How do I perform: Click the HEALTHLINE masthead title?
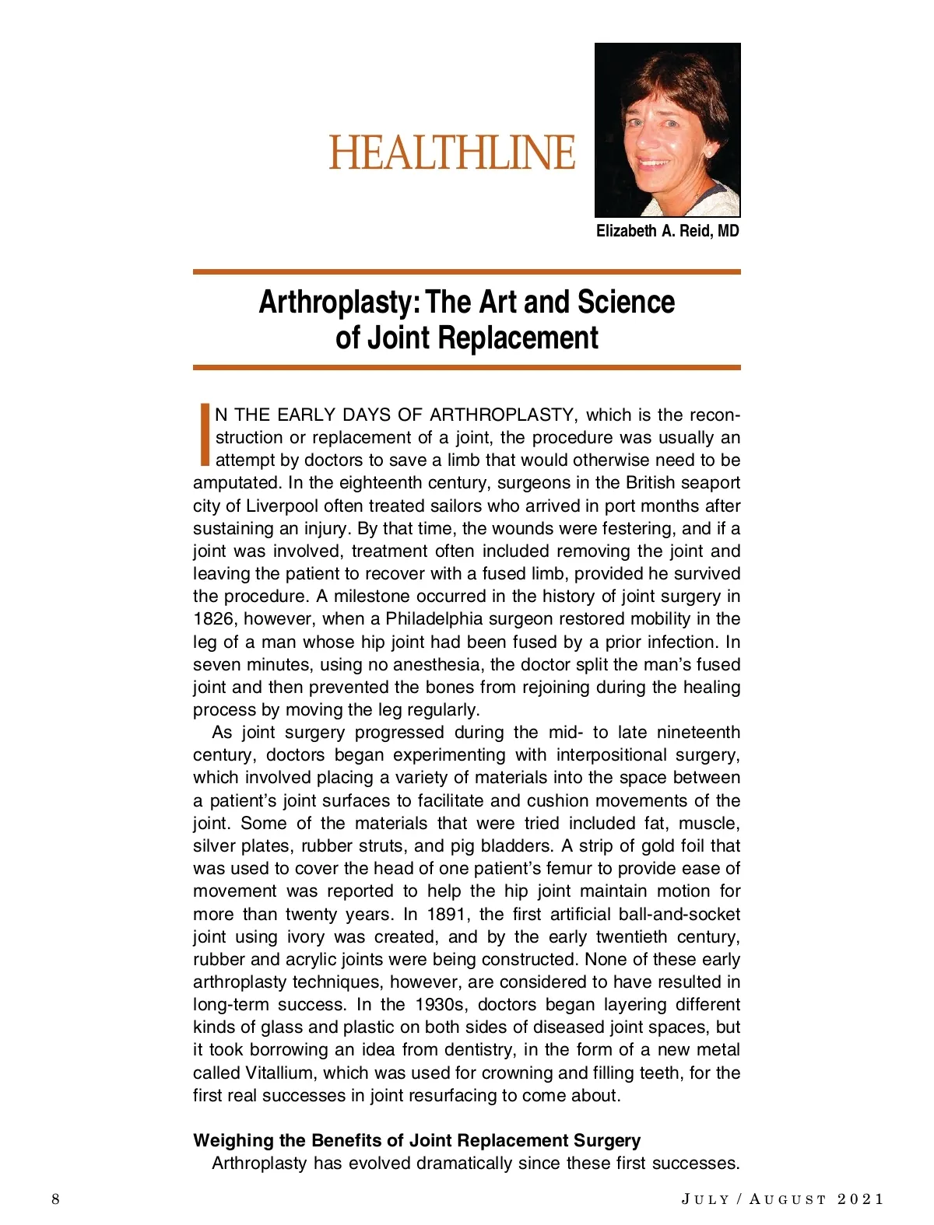451,152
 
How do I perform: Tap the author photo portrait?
667,130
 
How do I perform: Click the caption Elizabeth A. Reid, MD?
667,231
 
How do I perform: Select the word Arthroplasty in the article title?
335,302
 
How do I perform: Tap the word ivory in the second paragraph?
306,936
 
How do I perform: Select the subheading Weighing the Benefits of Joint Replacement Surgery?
416,1140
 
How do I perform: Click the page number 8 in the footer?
55,1199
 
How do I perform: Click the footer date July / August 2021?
782,1199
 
